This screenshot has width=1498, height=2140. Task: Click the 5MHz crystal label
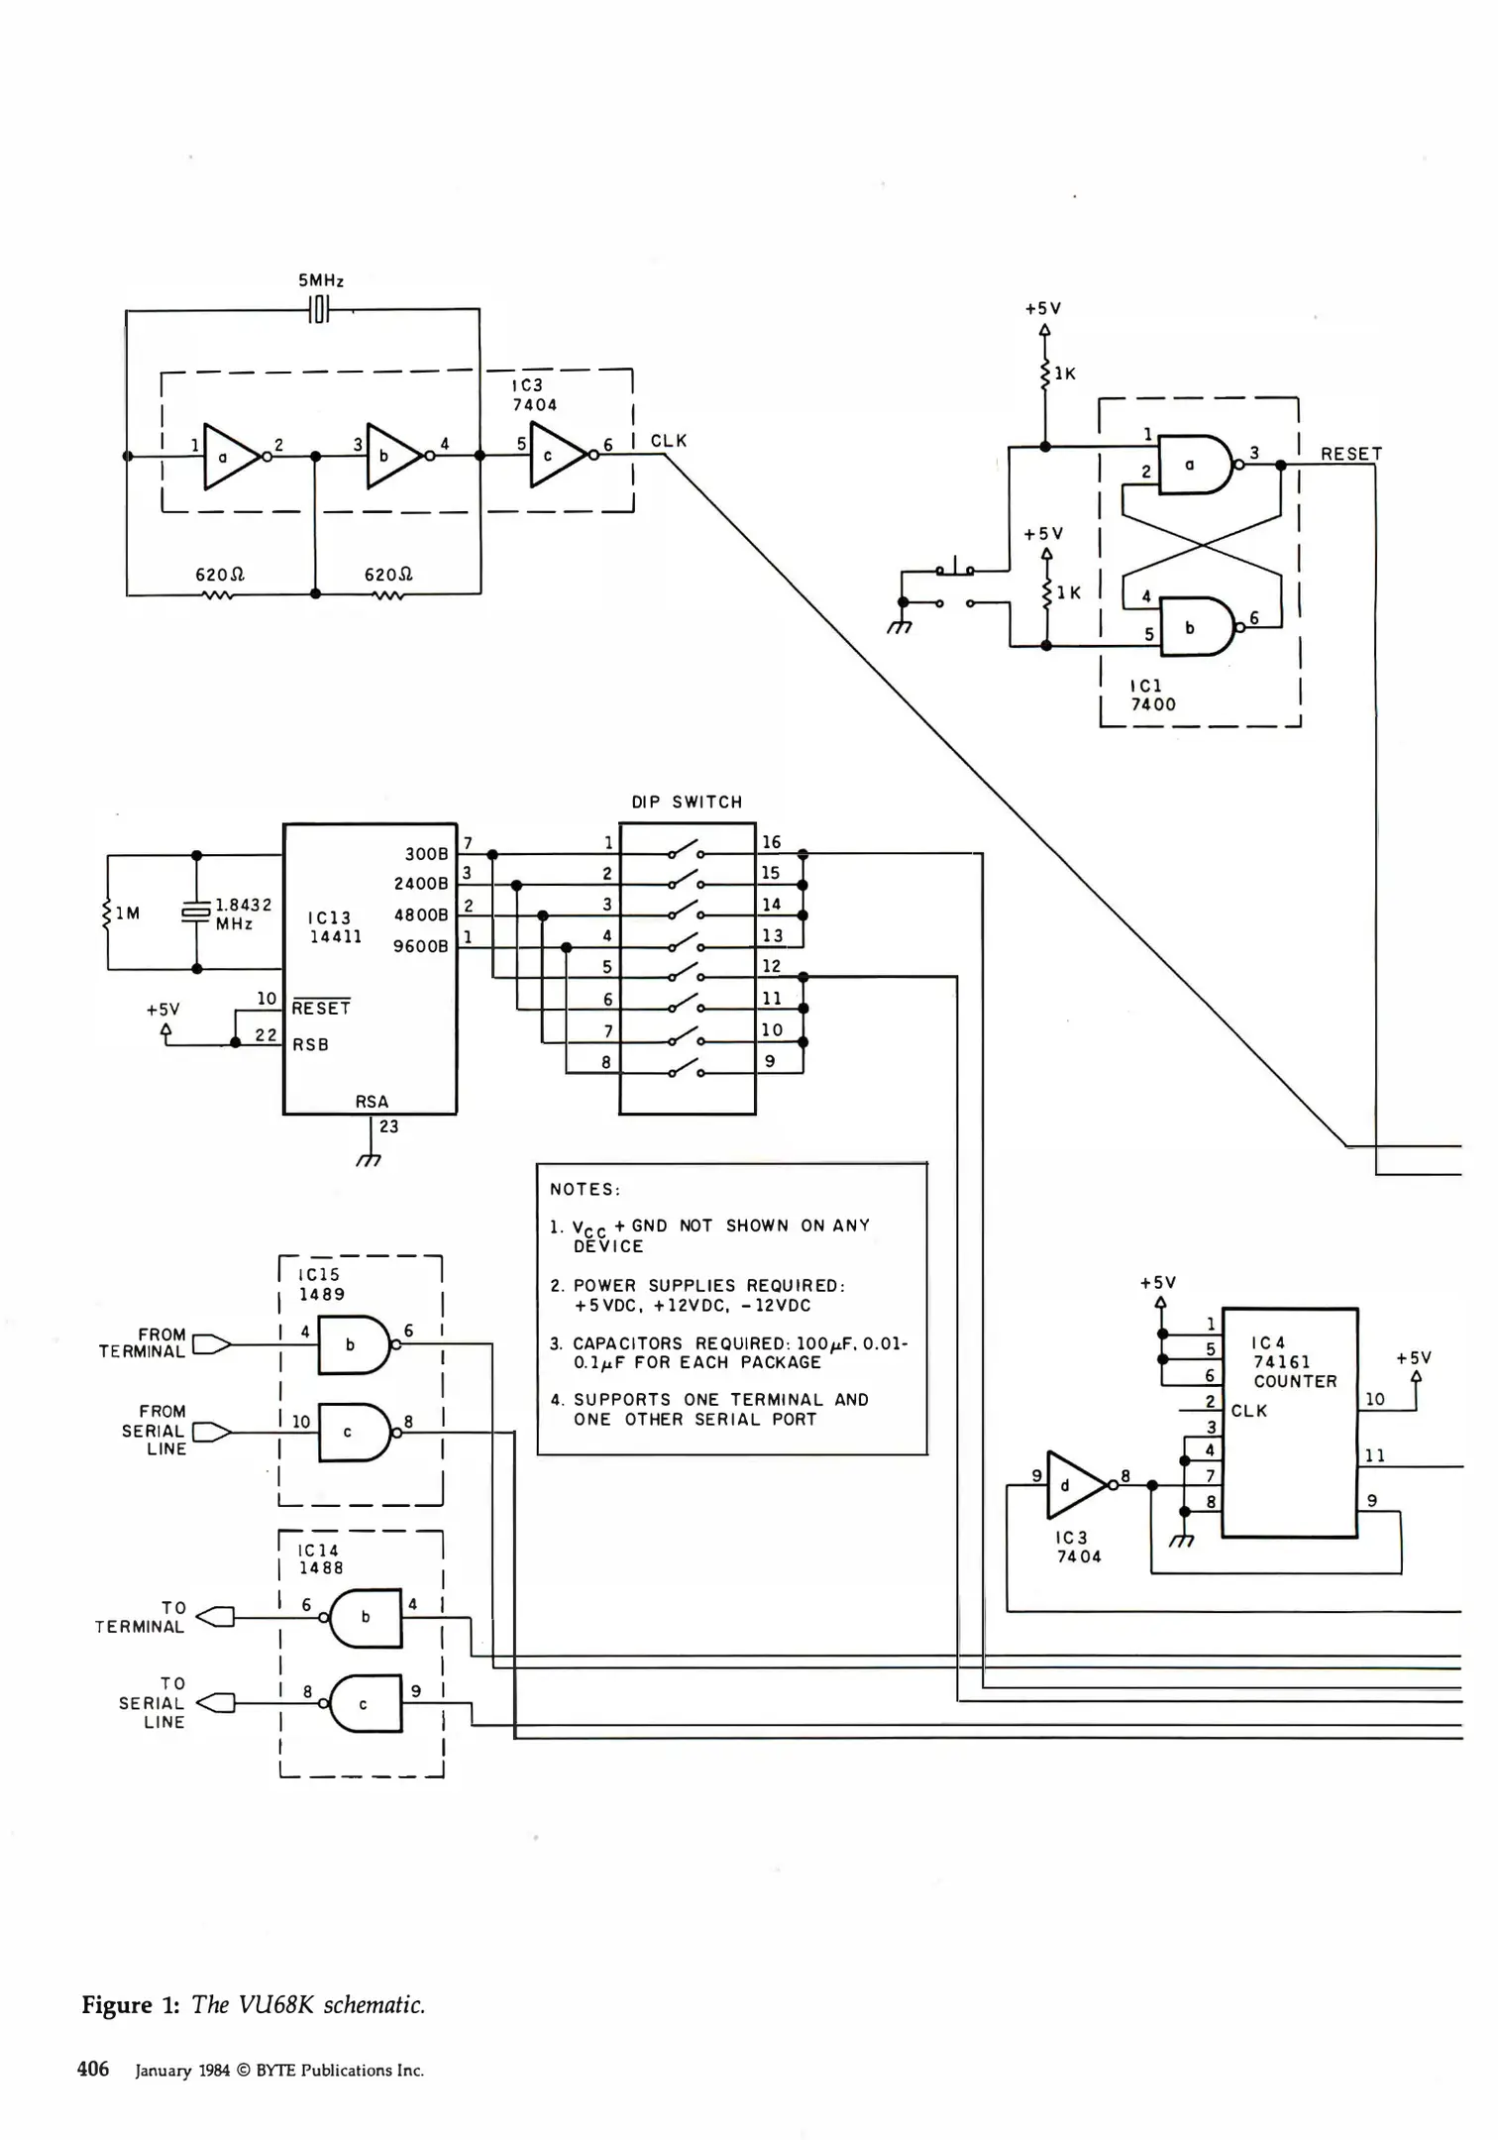coord(321,281)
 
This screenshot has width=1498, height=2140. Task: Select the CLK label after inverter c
coord(669,441)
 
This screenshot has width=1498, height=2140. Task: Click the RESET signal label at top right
coord(1350,454)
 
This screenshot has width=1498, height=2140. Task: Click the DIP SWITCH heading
coord(687,802)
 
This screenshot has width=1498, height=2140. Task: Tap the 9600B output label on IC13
coord(421,946)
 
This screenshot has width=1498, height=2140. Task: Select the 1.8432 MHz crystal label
coord(243,913)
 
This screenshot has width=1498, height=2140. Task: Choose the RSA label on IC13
coord(372,1102)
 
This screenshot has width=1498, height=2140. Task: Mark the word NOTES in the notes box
coord(585,1189)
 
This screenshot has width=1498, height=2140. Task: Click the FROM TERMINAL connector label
coord(143,1343)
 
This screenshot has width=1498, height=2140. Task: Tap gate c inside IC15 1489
coord(352,1433)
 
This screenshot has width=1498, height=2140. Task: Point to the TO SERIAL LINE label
coord(153,1703)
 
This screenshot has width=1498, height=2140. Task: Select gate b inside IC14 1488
coord(365,1617)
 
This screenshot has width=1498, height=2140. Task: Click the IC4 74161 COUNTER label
coord(1294,1362)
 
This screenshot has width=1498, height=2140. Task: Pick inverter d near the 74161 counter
coord(1073,1485)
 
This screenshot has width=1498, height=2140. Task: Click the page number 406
coord(93,2069)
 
